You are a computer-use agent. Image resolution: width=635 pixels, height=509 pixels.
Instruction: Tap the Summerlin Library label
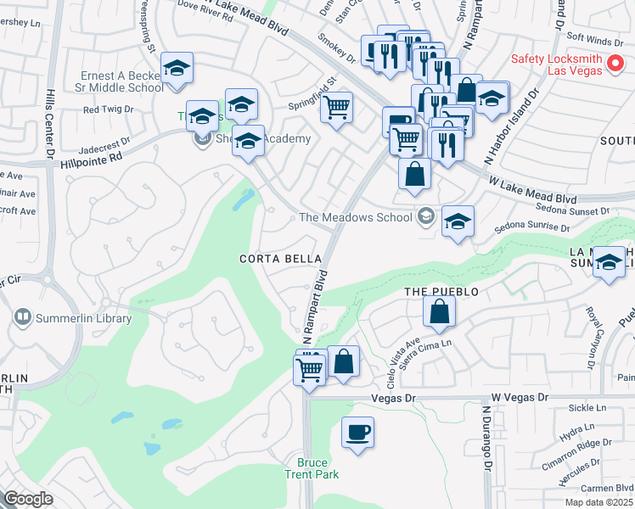(83, 319)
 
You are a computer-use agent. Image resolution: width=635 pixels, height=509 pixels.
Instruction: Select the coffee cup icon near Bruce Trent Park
(357, 433)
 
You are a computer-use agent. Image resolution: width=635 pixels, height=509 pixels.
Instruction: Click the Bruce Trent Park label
(318, 468)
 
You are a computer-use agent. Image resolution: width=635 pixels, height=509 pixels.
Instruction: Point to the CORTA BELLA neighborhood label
(281, 259)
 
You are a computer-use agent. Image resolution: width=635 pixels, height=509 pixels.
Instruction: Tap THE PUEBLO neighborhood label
(441, 292)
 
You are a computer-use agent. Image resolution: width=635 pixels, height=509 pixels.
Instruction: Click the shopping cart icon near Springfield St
(337, 108)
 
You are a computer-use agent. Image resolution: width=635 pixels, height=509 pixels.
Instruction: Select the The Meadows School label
(356, 218)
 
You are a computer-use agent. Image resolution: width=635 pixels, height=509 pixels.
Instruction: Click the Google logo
(28, 499)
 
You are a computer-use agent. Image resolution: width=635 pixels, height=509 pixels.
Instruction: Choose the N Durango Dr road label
(486, 438)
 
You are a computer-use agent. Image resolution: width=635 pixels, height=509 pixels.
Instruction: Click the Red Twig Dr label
(108, 109)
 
